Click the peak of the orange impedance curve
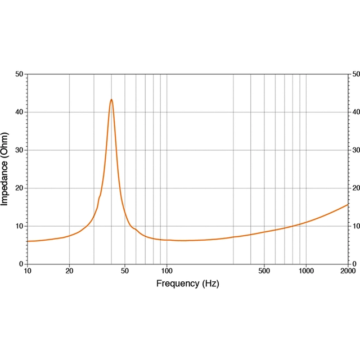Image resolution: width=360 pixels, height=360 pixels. point(111,100)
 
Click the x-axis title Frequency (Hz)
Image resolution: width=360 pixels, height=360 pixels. point(187,283)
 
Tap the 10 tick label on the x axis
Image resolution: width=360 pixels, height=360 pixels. point(28,271)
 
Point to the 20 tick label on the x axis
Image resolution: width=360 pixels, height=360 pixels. point(69,271)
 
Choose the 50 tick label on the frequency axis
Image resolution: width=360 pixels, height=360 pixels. point(125,271)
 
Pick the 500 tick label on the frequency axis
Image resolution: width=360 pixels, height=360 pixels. point(264,271)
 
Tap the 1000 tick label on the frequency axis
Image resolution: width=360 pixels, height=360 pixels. point(306,271)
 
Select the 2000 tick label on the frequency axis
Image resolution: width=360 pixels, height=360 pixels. point(348,271)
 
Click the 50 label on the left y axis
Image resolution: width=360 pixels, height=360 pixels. point(20,74)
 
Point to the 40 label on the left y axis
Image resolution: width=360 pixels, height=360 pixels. point(20,112)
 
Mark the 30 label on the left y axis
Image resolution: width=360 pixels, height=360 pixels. point(20,150)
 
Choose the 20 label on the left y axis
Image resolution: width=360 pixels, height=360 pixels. point(20,188)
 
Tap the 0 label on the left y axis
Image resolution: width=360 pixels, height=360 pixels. point(21,264)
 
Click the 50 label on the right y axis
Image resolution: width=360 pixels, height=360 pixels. point(355,74)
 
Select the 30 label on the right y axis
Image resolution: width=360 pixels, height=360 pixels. point(355,150)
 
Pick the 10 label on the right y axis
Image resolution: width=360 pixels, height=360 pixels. point(355,226)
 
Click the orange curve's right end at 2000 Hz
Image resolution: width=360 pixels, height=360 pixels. point(348,205)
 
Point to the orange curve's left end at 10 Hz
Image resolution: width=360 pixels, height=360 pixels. point(28,241)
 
